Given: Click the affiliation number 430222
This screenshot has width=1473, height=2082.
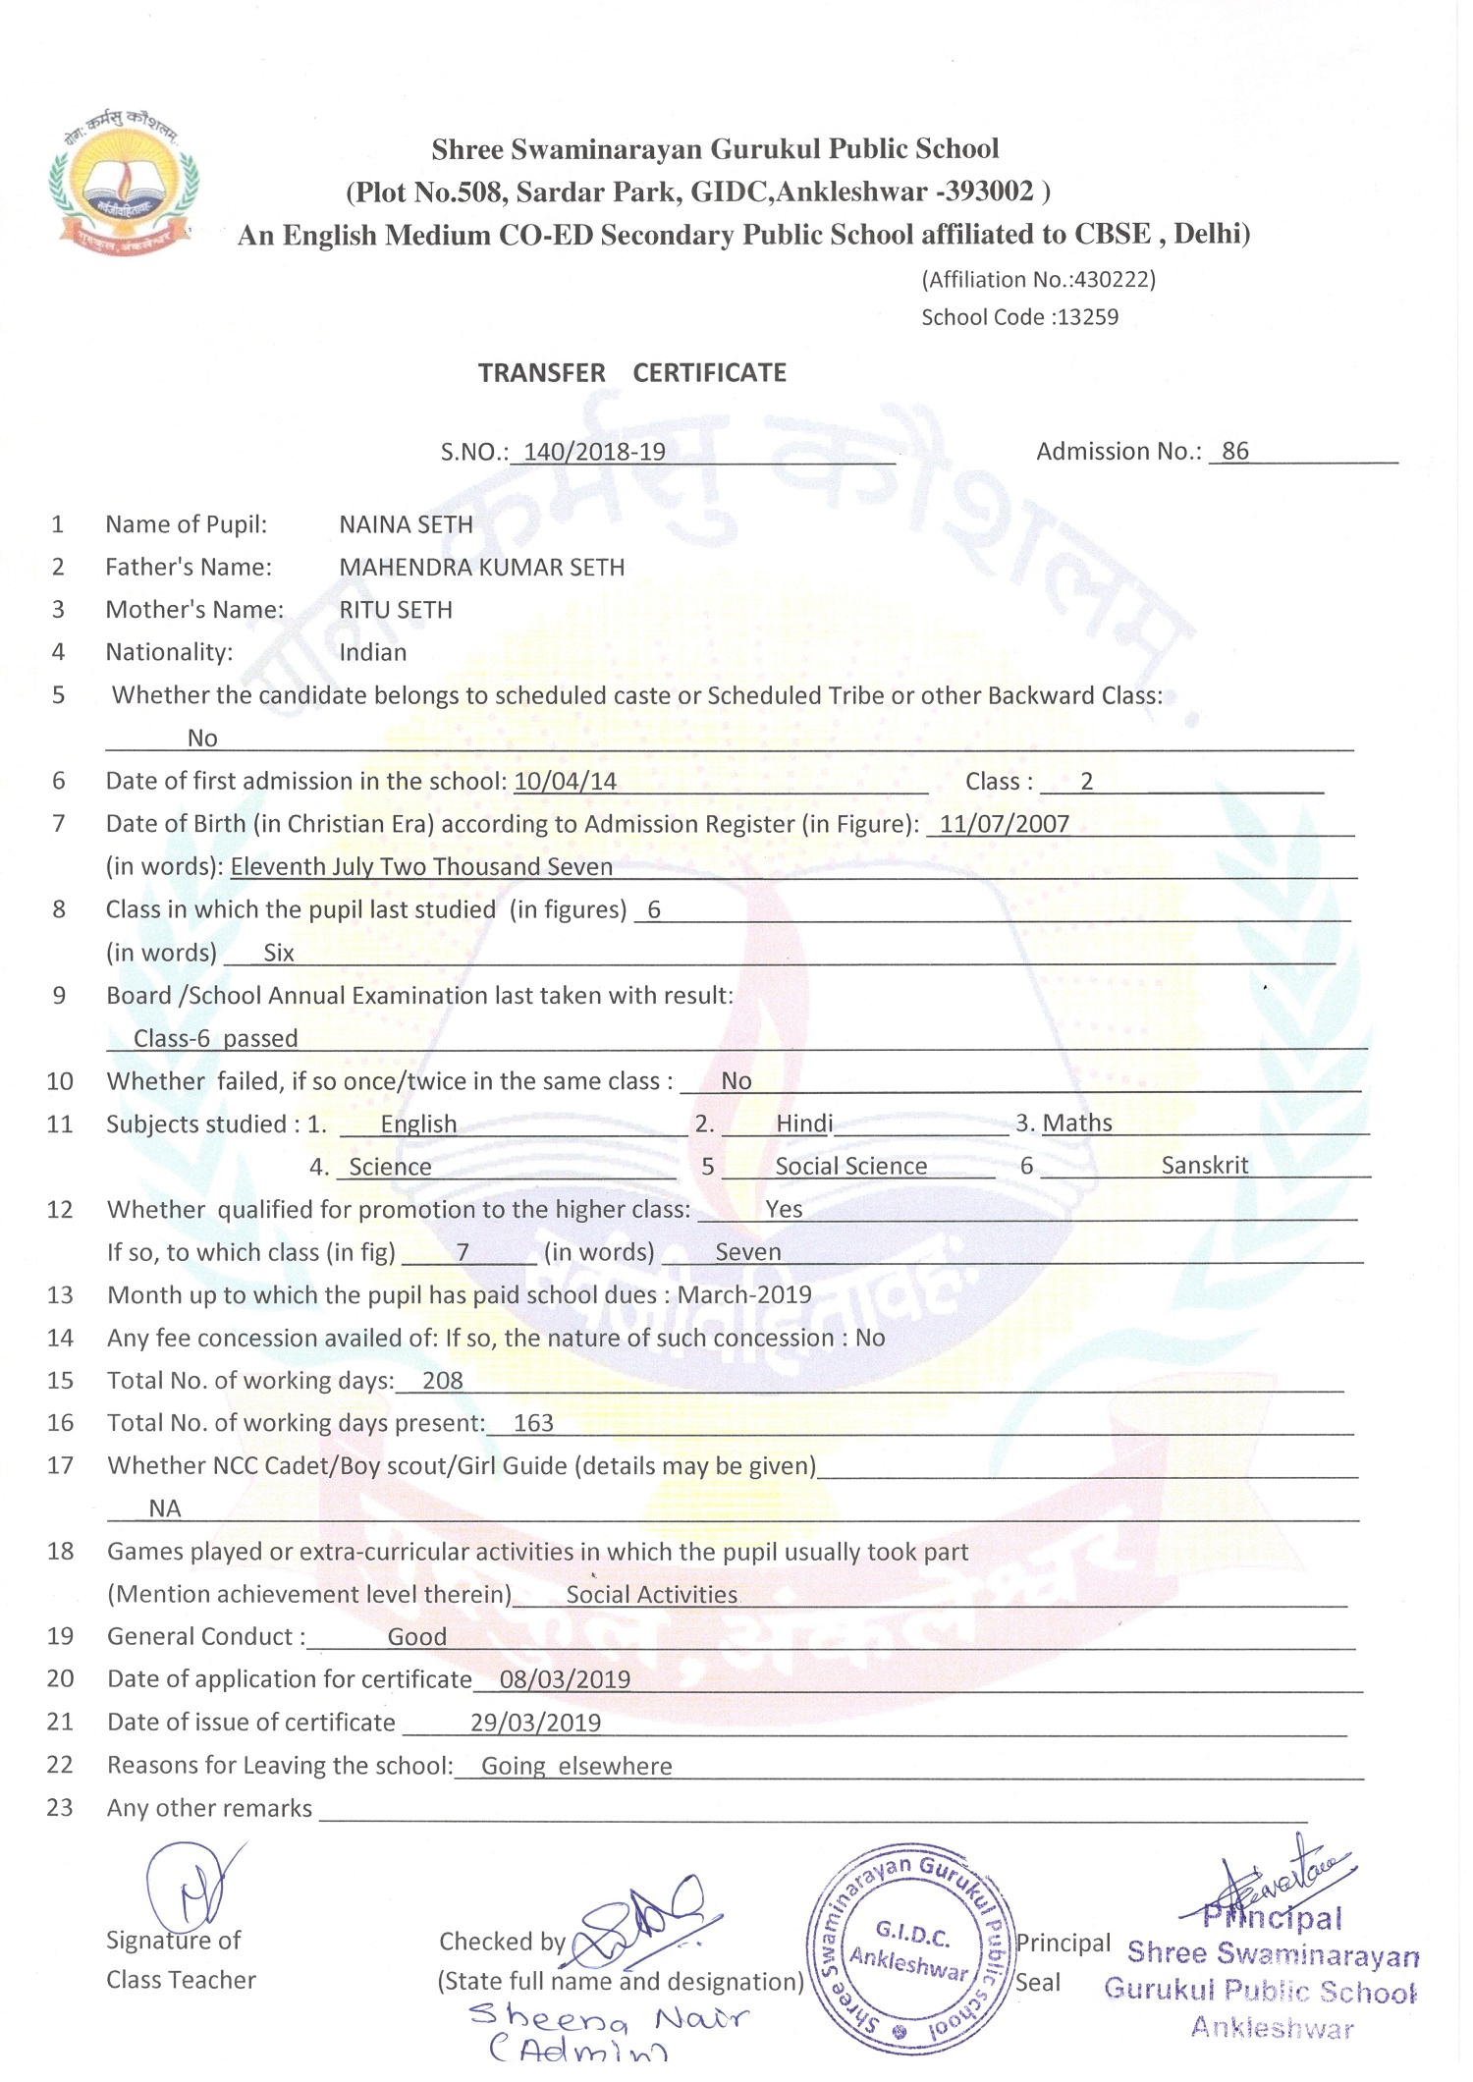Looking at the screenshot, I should (x=1113, y=280).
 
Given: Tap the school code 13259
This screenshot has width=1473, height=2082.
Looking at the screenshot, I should (x=1087, y=317).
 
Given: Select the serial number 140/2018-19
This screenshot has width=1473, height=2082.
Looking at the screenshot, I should (x=594, y=452).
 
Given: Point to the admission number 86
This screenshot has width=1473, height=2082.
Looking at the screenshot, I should (x=1234, y=451).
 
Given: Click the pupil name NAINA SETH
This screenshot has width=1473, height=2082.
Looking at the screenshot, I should (x=406, y=524).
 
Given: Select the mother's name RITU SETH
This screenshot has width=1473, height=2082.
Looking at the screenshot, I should (x=396, y=610).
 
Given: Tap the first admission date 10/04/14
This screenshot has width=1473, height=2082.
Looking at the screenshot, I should (x=566, y=782).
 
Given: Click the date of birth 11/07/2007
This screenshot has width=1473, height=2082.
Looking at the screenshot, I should (x=1004, y=824).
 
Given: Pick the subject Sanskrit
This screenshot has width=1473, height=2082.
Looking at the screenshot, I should (x=1204, y=1166).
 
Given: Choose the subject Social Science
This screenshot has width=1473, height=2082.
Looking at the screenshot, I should (x=850, y=1167).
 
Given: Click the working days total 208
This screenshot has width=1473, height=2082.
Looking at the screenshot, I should (x=442, y=1381).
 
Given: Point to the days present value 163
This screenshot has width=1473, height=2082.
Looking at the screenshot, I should (x=533, y=1424).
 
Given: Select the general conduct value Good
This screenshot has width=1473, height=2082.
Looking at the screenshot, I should (x=416, y=1637).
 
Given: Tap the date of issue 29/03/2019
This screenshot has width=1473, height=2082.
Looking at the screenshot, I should (x=535, y=1723).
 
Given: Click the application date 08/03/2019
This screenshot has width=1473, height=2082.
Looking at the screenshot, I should (x=565, y=1679).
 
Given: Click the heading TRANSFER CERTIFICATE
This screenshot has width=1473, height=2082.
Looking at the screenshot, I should (x=632, y=373).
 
